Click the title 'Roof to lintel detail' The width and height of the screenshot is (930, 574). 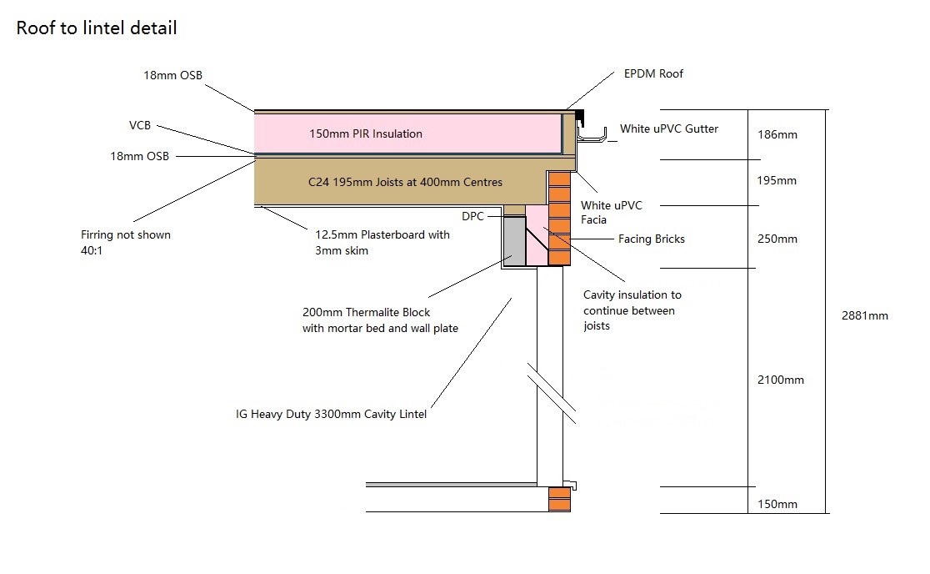[97, 28]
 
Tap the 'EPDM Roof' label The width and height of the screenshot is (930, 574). [653, 74]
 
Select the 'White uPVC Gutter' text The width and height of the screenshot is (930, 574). [668, 129]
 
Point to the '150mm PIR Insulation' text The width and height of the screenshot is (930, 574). [364, 133]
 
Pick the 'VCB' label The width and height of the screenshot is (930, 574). [141, 126]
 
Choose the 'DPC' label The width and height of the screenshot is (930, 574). [473, 217]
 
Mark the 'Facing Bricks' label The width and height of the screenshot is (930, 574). [651, 239]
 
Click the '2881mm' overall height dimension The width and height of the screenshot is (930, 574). [866, 316]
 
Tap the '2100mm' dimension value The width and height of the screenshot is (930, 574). [781, 380]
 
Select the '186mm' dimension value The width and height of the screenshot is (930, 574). [776, 134]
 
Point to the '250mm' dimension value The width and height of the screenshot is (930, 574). [776, 239]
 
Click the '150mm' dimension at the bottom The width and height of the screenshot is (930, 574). [776, 504]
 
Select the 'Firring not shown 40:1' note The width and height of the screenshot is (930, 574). [126, 242]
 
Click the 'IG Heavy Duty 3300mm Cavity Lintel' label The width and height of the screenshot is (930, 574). [332, 415]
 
